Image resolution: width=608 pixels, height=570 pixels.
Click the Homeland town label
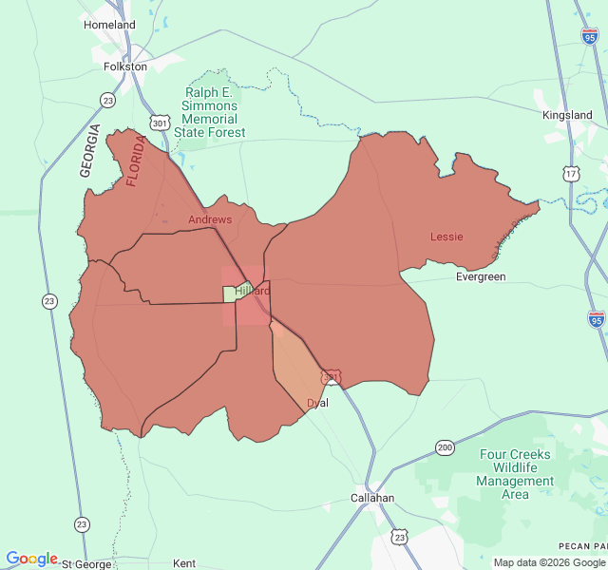click(x=109, y=25)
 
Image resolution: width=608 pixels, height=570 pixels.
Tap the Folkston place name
click(x=125, y=67)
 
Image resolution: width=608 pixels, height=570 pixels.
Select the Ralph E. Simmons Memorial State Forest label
click(x=210, y=112)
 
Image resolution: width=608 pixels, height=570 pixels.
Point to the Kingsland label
click(x=567, y=115)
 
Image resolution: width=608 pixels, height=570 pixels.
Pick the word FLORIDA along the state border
click(x=137, y=161)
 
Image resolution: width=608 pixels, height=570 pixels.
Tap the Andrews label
click(x=210, y=219)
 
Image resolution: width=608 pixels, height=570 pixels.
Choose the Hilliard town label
click(x=252, y=291)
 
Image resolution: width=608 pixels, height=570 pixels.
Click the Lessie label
click(x=446, y=237)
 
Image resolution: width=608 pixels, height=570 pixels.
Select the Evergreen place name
click(x=481, y=277)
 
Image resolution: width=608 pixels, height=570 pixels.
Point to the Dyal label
click(x=317, y=404)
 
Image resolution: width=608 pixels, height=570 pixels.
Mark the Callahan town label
click(x=372, y=498)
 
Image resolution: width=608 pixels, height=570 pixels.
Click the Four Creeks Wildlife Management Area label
click(x=515, y=475)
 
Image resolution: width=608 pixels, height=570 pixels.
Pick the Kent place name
click(x=184, y=564)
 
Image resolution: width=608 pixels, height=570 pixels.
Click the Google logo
click(x=31, y=559)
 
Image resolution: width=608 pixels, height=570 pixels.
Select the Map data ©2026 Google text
click(x=549, y=563)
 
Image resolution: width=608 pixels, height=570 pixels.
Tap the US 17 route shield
click(x=570, y=174)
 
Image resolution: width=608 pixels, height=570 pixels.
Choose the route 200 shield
click(x=445, y=447)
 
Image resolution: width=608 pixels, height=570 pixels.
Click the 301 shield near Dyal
click(x=331, y=377)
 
